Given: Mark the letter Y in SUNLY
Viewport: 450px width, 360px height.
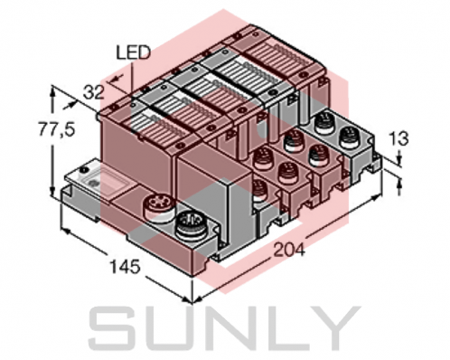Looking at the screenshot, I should (x=331, y=329).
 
